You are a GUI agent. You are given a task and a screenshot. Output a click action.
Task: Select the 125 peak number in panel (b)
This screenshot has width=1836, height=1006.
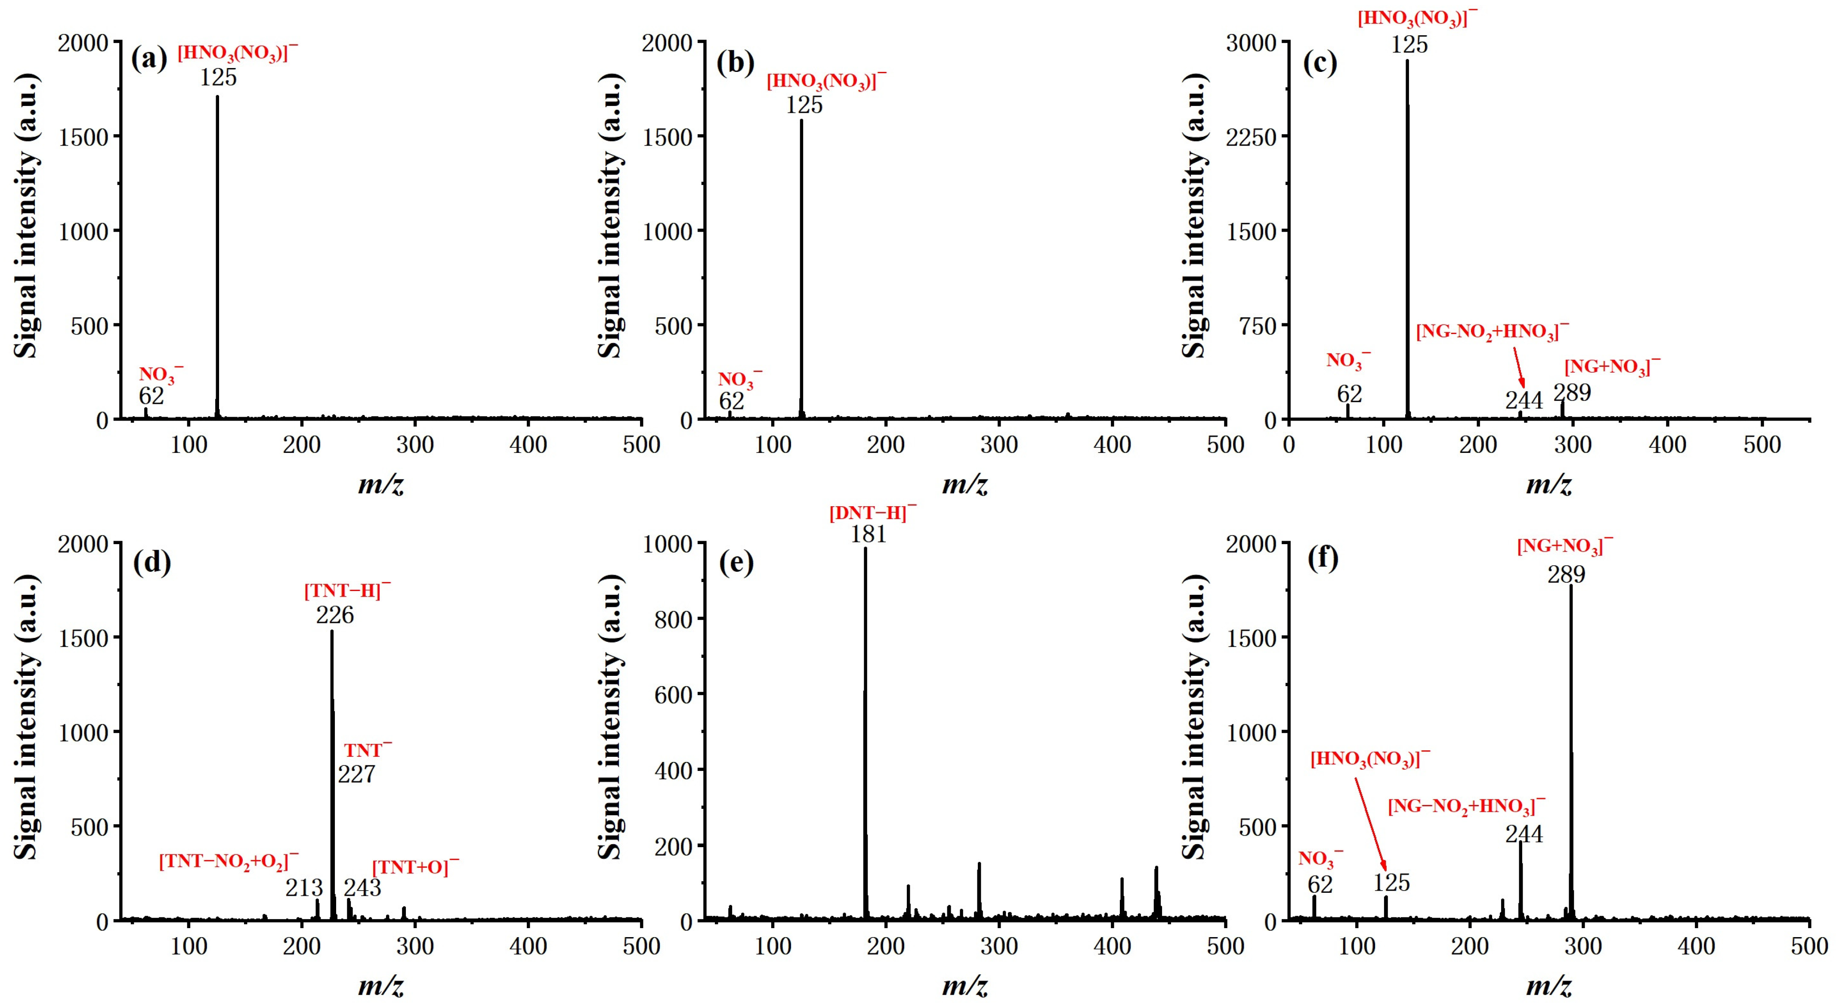[804, 105]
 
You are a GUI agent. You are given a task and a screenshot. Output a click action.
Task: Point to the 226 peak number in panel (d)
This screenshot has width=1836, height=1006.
[335, 615]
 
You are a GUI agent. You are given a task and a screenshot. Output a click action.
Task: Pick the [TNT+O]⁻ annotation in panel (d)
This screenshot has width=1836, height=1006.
[415, 867]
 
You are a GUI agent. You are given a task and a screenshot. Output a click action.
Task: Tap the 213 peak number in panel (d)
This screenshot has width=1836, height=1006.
[304, 888]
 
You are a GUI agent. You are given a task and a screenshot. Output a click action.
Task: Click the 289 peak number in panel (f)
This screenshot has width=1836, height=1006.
[1566, 574]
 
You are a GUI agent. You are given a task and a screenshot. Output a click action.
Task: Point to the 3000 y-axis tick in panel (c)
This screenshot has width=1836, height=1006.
[1251, 43]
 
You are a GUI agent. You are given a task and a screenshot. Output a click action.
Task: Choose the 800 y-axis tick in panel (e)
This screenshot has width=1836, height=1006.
[673, 619]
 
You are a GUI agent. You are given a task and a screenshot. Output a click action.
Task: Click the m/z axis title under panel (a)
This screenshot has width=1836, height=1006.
[380, 484]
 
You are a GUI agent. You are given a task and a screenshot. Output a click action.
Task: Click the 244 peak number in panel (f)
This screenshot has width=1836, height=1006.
[1524, 833]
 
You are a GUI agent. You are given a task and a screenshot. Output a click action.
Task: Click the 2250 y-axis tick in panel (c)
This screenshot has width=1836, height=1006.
[1251, 137]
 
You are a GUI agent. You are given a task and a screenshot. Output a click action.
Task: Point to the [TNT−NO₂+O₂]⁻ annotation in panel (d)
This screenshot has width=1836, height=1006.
[228, 861]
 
